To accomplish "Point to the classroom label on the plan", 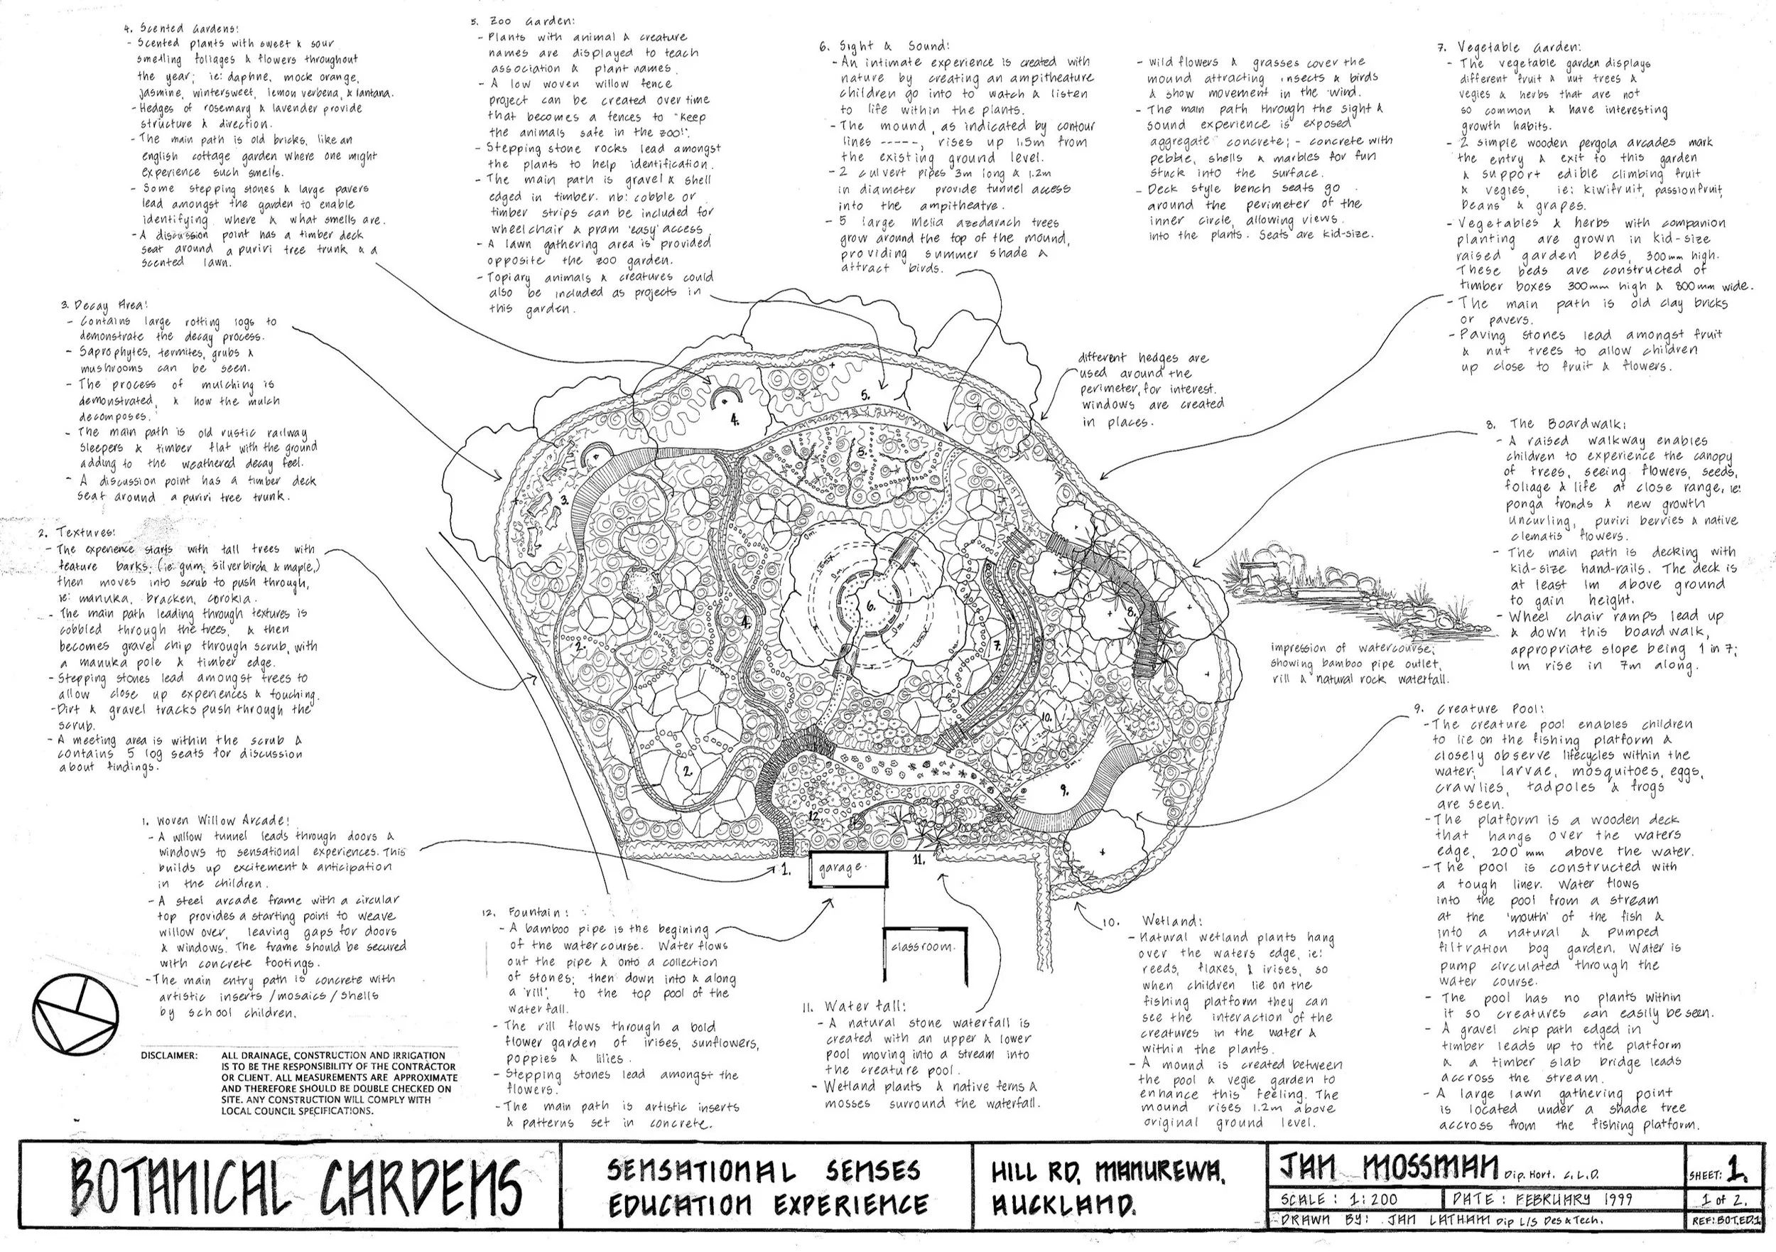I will coord(921,946).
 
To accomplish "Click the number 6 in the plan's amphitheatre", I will coord(871,607).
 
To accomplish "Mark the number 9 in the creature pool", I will coord(1064,790).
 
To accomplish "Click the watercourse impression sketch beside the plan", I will coord(1338,588).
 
